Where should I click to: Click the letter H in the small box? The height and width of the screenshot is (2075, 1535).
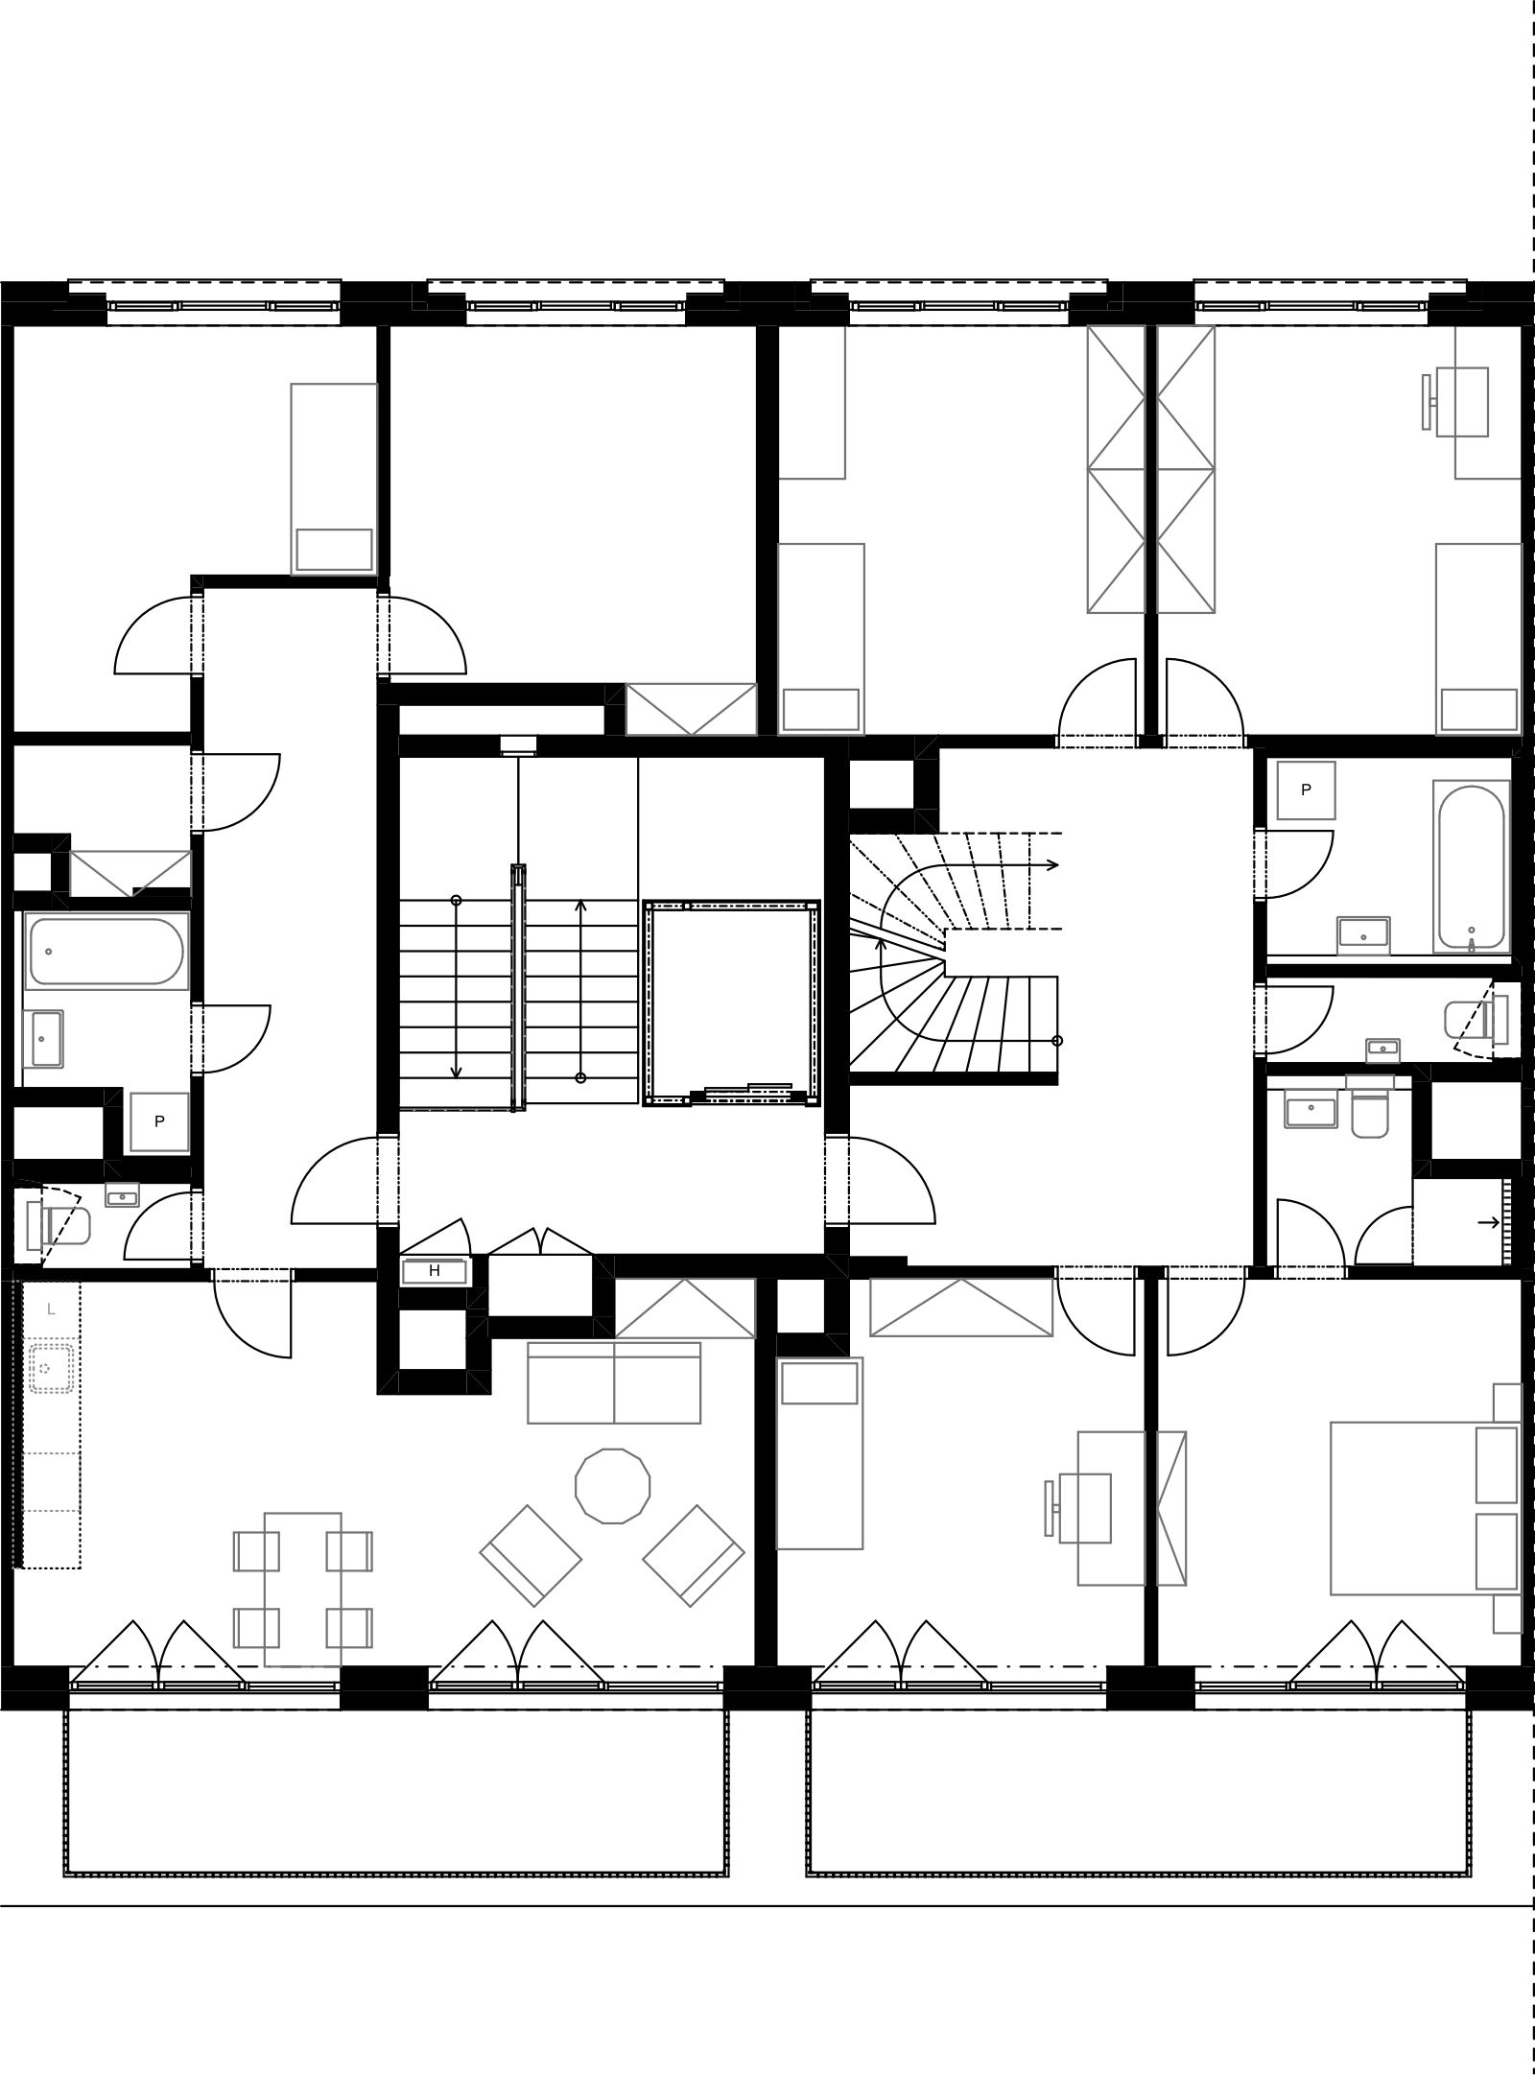point(435,1270)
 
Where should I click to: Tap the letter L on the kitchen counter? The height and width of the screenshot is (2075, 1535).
point(51,1309)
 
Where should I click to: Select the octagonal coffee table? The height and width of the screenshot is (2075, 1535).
point(612,1486)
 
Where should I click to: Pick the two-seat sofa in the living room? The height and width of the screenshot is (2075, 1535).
point(614,1382)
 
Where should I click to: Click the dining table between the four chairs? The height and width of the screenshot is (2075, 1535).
point(303,1590)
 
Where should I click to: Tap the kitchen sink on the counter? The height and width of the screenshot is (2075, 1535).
point(51,1367)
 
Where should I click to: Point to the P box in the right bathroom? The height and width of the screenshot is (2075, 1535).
point(1306,790)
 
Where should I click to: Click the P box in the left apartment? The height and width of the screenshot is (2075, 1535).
point(159,1121)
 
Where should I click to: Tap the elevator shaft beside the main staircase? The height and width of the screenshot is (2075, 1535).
point(731,1002)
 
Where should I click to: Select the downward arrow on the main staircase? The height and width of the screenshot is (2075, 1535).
point(457,988)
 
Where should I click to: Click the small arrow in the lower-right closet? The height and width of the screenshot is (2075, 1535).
point(1488,1222)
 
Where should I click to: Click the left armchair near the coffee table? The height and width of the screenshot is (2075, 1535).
point(531,1555)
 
